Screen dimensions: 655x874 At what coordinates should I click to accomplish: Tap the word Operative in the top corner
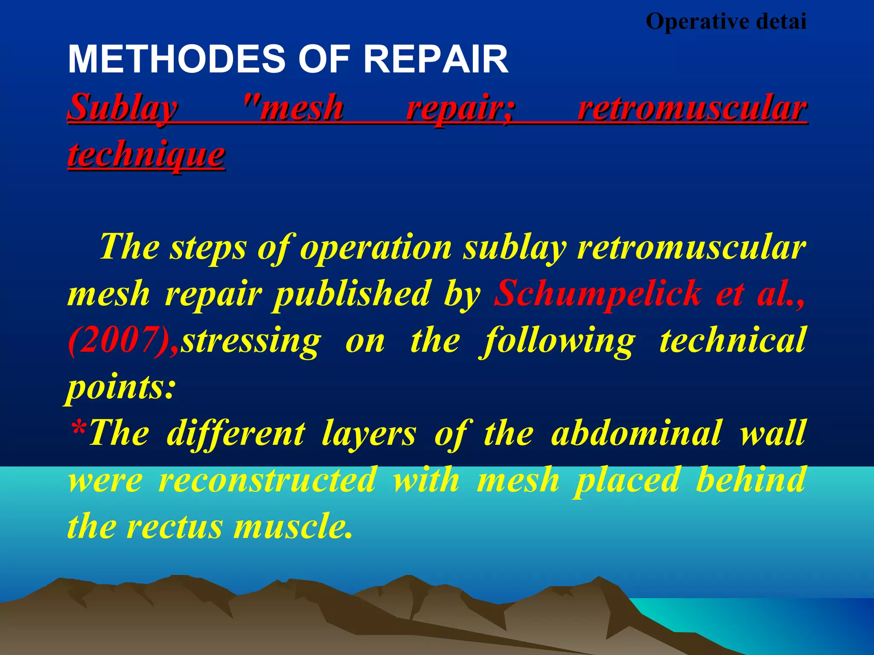tap(698, 21)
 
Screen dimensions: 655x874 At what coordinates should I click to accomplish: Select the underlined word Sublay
tap(122, 108)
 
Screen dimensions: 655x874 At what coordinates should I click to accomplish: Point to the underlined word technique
tap(146, 154)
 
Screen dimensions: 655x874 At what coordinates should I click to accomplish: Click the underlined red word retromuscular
tap(692, 108)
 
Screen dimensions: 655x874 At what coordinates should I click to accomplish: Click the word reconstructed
tap(268, 480)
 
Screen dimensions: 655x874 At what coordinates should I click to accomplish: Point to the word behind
tap(750, 480)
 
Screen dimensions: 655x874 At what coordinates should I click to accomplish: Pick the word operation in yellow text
tap(376, 247)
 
